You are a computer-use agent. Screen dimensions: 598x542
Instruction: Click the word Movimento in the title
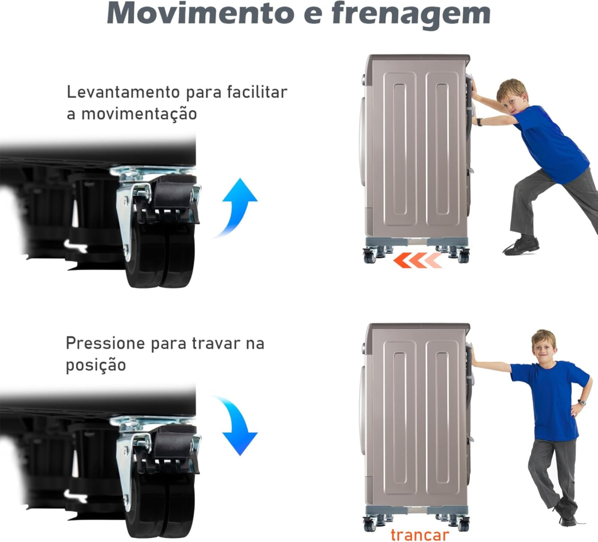pyautogui.click(x=201, y=13)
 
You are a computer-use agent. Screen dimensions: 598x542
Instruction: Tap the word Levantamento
pyautogui.click(x=123, y=92)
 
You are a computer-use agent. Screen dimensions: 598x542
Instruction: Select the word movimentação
pyautogui.click(x=139, y=114)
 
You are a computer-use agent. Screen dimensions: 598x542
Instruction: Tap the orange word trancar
pyautogui.click(x=419, y=535)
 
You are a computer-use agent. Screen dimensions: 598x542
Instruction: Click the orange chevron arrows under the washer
pyautogui.click(x=418, y=260)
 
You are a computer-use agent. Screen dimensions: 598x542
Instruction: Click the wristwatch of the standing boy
pyautogui.click(x=581, y=402)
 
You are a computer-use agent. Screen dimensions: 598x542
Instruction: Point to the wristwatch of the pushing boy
pyautogui.click(x=479, y=121)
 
